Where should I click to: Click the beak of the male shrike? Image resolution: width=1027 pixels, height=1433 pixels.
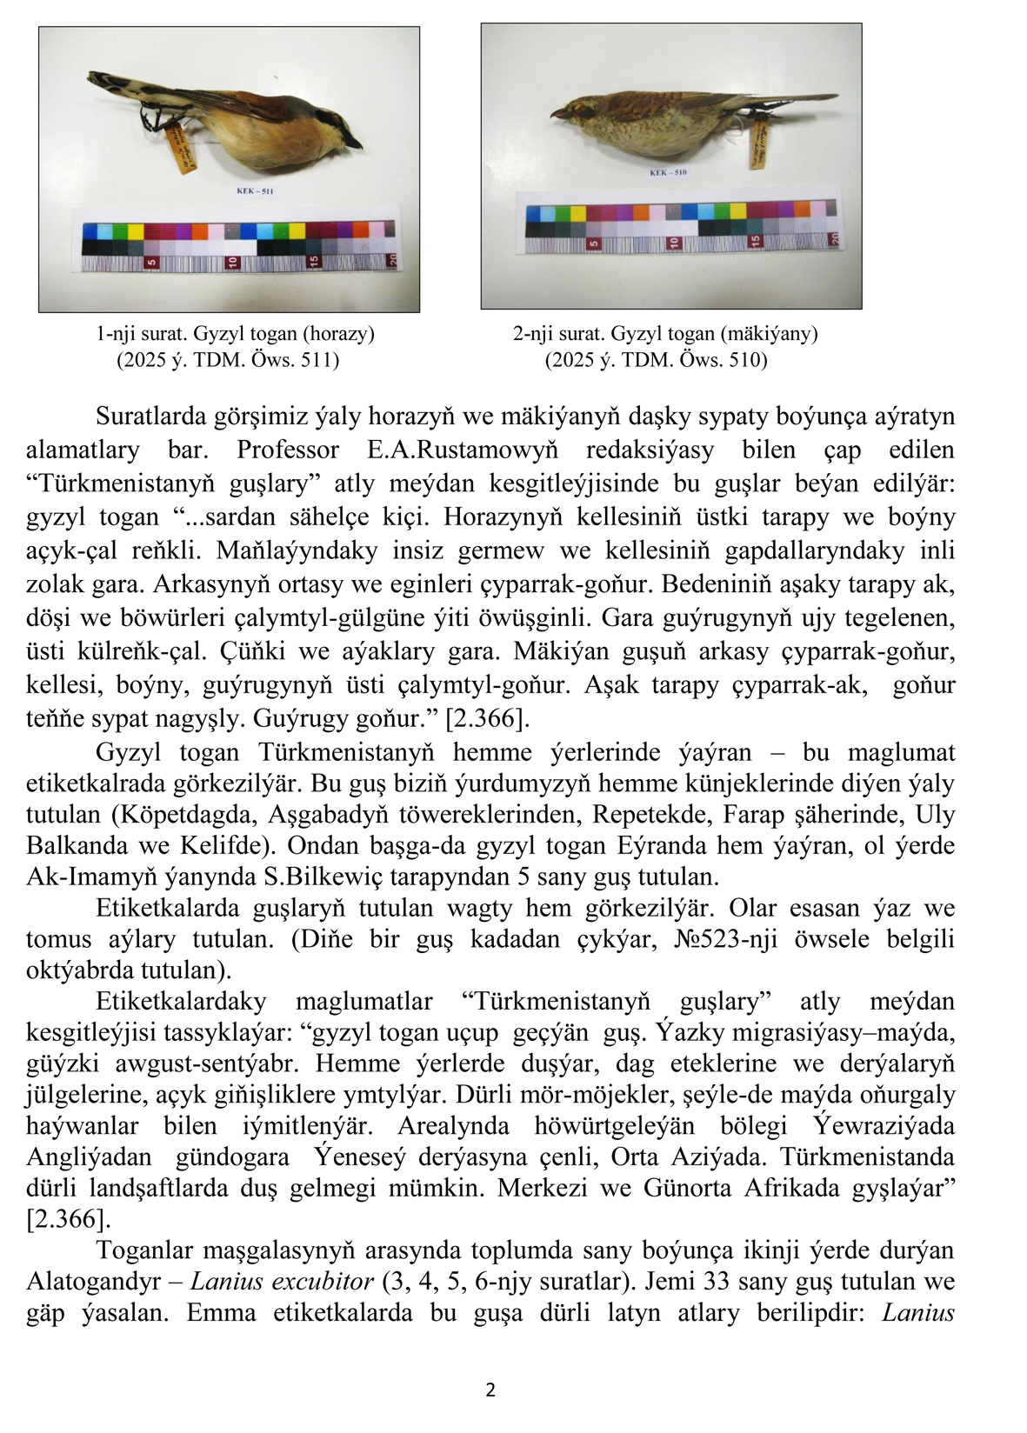coord(356,143)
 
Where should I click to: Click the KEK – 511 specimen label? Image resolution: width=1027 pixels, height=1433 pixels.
coord(255,191)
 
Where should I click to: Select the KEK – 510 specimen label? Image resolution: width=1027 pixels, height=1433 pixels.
coord(668,172)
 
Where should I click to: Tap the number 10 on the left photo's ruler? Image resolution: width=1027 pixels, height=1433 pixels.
coord(232,262)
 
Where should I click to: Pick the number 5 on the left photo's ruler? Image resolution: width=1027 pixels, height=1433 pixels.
coord(151,262)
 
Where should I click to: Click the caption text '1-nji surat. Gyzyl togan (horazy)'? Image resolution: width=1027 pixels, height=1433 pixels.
coord(235,334)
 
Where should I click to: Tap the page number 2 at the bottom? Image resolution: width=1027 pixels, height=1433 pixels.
coord(490,1390)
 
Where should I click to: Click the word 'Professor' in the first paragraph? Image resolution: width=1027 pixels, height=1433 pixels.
coord(288,450)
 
